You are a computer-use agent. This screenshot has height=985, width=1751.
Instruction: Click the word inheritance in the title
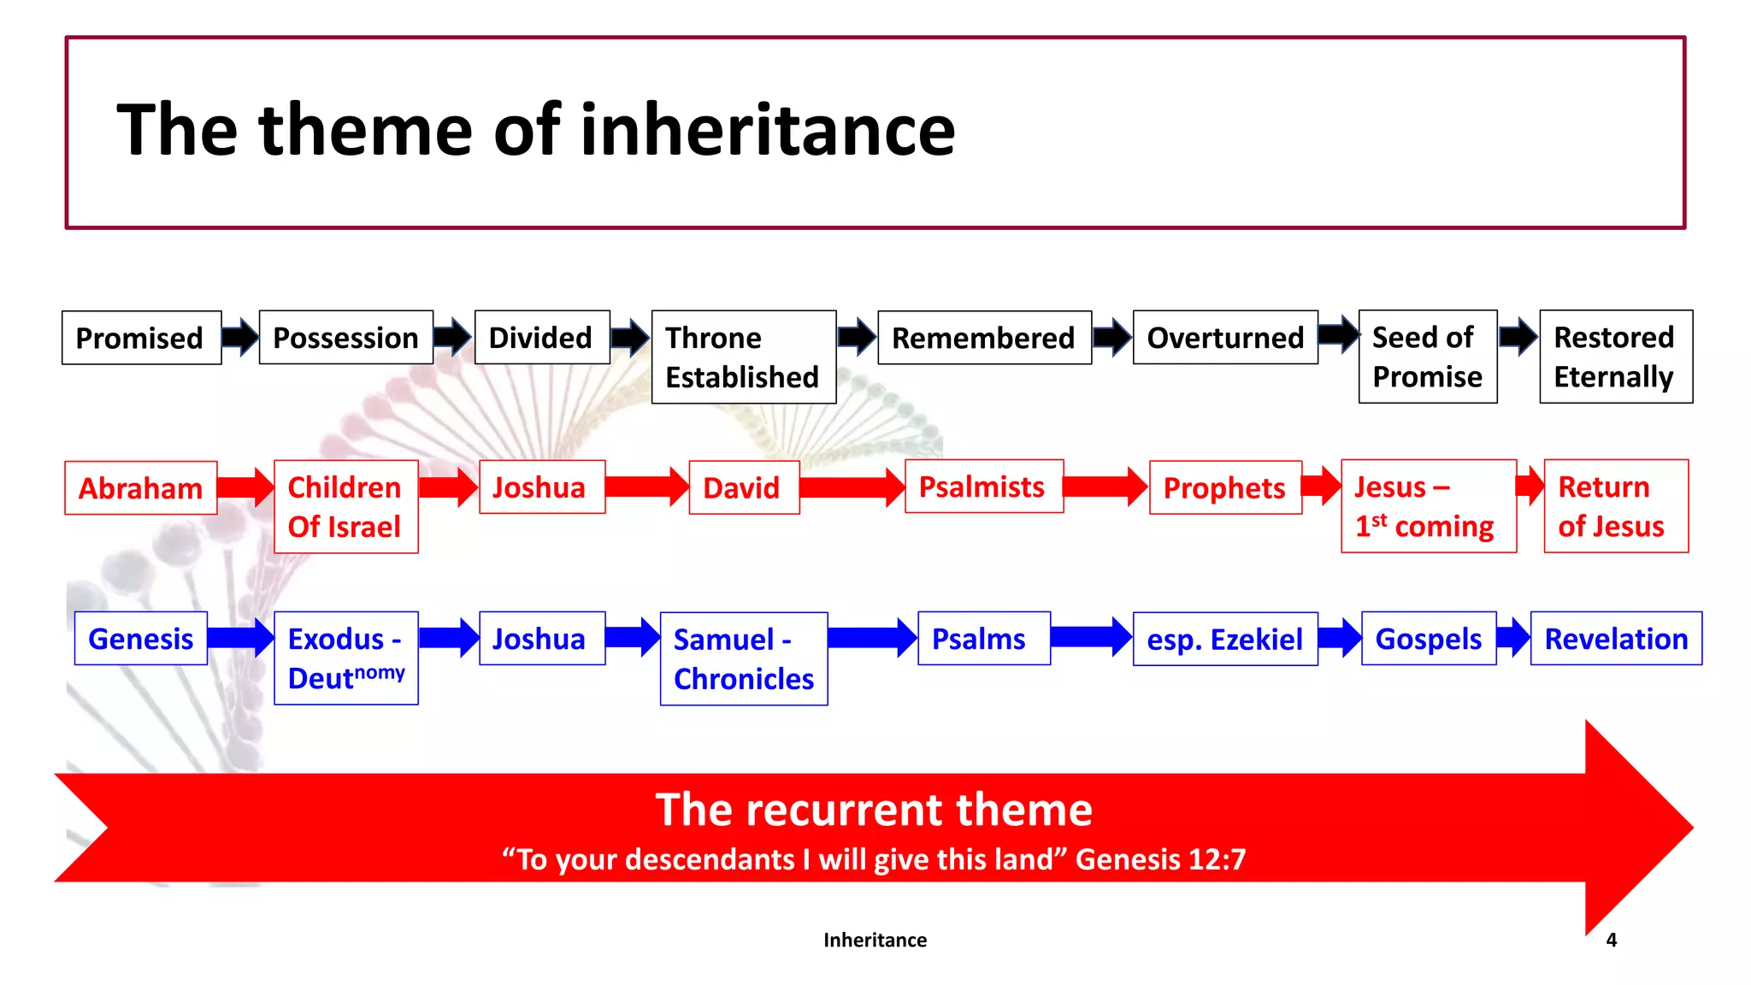point(767,130)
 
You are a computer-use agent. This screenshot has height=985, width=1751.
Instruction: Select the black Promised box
point(141,338)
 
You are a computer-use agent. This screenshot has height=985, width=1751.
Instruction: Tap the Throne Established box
point(743,357)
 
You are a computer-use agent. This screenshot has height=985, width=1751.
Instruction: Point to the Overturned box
point(1224,338)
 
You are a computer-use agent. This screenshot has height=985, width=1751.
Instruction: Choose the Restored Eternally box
point(1615,357)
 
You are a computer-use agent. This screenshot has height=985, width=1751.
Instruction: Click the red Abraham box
point(141,488)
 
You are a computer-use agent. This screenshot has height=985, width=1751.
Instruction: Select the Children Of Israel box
point(345,506)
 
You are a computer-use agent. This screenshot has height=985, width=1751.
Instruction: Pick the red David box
point(743,487)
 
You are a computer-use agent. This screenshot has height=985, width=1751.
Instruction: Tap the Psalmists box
point(983,487)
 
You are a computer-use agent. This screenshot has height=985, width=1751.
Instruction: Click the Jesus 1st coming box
point(1428,506)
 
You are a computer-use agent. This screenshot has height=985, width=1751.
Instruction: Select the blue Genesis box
point(141,638)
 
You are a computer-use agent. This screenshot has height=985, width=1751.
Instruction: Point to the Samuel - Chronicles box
point(743,658)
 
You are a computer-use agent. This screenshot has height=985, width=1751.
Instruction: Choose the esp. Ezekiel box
point(1224,639)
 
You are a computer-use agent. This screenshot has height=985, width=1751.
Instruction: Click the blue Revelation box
point(1615,638)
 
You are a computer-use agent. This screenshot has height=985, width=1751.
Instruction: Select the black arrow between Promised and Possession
point(240,337)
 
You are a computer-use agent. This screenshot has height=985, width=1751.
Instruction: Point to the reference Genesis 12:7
point(1160,859)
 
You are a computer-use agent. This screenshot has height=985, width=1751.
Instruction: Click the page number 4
point(1611,940)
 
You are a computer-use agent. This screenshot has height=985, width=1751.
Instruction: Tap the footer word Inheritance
point(875,940)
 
